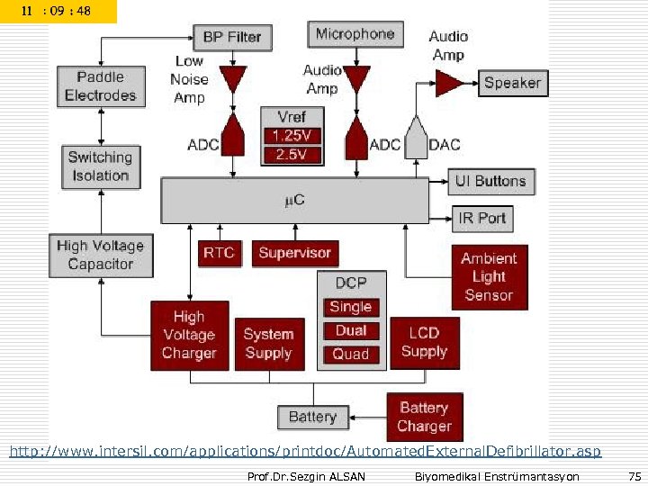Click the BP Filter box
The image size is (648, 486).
click(x=231, y=37)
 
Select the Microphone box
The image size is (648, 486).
click(x=355, y=34)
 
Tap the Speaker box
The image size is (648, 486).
click(x=512, y=83)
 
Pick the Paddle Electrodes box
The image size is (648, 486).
click(x=100, y=86)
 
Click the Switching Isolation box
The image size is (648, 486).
click(x=100, y=166)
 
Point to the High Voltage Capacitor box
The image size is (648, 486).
click(x=100, y=256)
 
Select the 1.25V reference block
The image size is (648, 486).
click(x=292, y=136)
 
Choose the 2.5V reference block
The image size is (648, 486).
click(x=292, y=155)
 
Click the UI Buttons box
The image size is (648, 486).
click(x=490, y=181)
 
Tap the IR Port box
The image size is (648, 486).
click(x=481, y=218)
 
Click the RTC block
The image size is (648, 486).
click(x=219, y=253)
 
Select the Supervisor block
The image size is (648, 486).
click(x=295, y=253)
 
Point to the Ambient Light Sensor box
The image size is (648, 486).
click(x=489, y=276)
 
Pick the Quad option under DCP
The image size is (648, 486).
click(x=351, y=355)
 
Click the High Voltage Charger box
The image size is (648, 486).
click(x=189, y=335)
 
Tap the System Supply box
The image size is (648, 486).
click(x=268, y=344)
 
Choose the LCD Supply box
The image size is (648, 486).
click(x=424, y=343)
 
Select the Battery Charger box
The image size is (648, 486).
click(x=424, y=417)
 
